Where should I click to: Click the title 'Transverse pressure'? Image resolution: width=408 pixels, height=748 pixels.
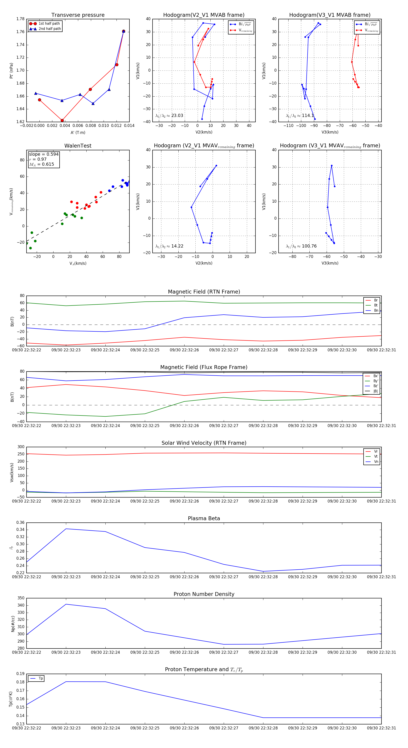(78, 15)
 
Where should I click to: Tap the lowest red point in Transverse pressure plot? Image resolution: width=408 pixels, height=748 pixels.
(62, 121)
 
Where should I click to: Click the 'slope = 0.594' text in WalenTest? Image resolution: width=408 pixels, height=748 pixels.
(44, 154)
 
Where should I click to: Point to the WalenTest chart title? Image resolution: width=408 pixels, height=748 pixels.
(78, 146)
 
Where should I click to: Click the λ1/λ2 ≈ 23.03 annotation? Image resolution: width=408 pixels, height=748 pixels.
(169, 116)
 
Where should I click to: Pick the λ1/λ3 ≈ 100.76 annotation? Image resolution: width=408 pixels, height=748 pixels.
(301, 246)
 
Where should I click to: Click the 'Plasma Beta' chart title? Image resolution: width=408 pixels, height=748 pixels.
(204, 519)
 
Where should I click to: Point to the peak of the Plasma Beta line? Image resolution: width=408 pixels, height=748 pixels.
(66, 529)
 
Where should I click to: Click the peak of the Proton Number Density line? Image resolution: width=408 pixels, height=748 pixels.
(66, 604)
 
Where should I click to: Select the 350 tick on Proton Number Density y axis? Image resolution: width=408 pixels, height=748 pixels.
(21, 598)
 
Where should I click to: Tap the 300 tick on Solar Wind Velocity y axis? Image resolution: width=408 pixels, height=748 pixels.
(21, 447)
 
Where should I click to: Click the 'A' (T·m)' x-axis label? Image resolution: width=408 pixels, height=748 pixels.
(78, 133)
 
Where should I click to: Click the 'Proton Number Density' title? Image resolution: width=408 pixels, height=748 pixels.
(204, 594)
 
